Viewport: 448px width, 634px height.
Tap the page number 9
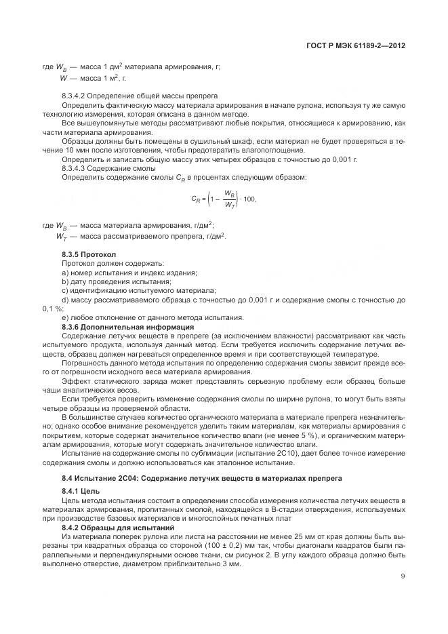[x=403, y=577]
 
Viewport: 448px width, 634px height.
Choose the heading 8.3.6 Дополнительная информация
[x=118, y=327]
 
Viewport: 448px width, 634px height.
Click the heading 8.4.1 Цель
[x=80, y=489]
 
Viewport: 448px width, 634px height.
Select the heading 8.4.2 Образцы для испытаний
[x=118, y=527]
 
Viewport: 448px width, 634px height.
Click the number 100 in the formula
[x=249, y=199]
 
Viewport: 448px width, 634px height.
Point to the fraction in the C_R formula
[x=229, y=199]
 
